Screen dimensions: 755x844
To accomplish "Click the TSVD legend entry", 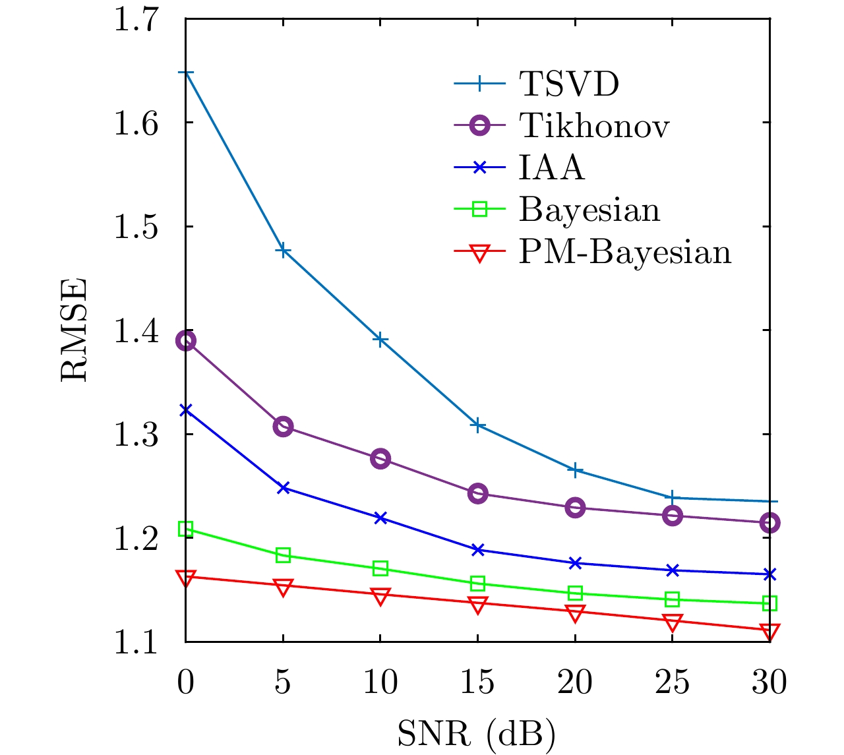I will (569, 84).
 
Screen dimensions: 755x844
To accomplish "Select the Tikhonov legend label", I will (594, 125).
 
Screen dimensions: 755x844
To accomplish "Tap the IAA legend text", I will (551, 167).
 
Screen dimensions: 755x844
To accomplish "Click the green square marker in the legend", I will (480, 210).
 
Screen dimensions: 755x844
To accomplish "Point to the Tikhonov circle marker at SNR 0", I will (186, 341).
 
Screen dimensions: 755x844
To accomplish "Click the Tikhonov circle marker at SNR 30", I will (769, 523).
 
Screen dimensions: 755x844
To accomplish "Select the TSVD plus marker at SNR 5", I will (283, 251).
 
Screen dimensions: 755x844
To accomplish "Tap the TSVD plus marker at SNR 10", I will (380, 340).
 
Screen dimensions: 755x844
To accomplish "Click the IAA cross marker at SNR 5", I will (283, 488).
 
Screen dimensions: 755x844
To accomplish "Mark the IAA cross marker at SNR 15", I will (477, 549).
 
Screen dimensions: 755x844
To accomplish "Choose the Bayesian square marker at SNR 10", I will (380, 568).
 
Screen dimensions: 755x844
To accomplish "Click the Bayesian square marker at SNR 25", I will (672, 599).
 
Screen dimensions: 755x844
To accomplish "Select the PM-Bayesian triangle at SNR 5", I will (283, 587).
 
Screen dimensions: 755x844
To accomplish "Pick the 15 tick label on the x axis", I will (477, 682).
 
